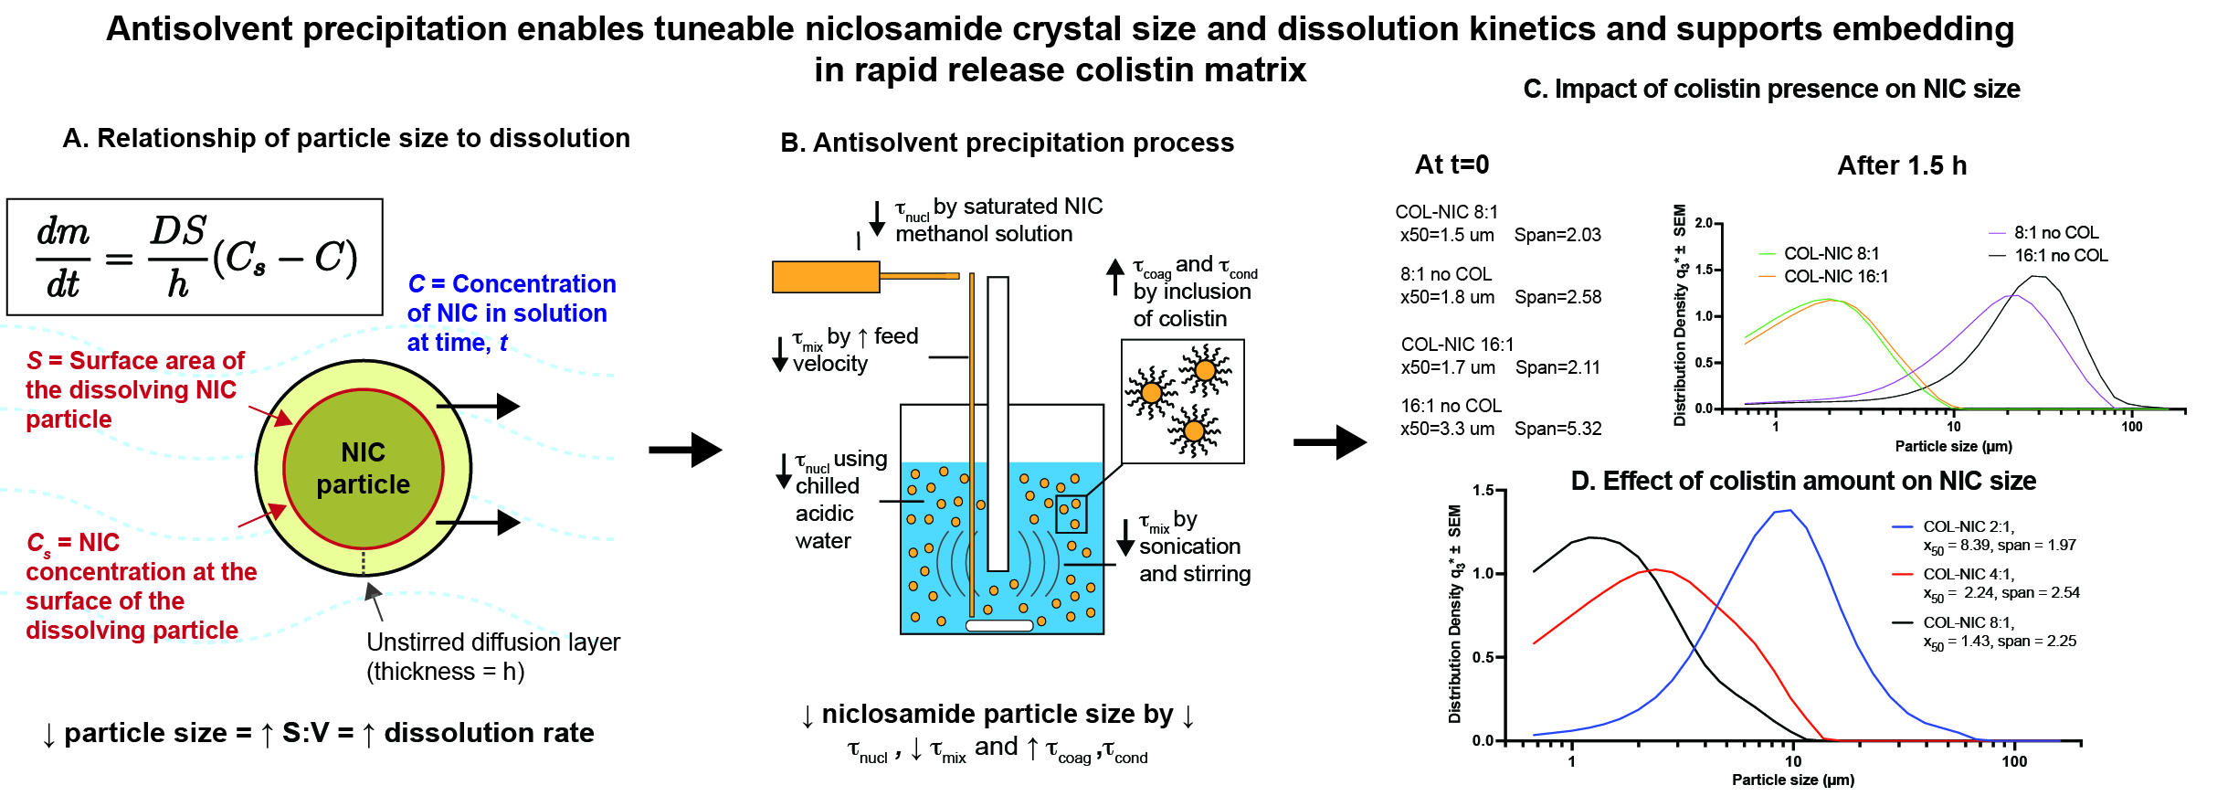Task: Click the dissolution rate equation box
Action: point(195,257)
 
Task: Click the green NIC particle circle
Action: point(364,468)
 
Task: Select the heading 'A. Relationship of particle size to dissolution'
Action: point(346,138)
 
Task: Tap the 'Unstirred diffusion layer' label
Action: point(492,642)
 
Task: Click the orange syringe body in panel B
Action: point(826,276)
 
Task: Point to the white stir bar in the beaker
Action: point(999,626)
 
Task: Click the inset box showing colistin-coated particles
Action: point(1182,401)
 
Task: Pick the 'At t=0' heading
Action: point(1452,165)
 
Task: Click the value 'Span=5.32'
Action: point(1558,429)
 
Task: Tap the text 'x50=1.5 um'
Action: point(1447,235)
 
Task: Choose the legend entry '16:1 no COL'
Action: point(2061,256)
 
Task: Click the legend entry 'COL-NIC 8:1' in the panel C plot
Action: point(1831,253)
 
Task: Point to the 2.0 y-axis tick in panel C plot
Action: point(1705,223)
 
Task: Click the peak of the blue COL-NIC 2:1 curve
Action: point(1789,511)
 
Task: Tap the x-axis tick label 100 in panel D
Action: point(2014,761)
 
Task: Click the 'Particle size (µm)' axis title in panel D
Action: point(1793,780)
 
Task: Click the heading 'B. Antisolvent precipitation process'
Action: point(1007,143)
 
